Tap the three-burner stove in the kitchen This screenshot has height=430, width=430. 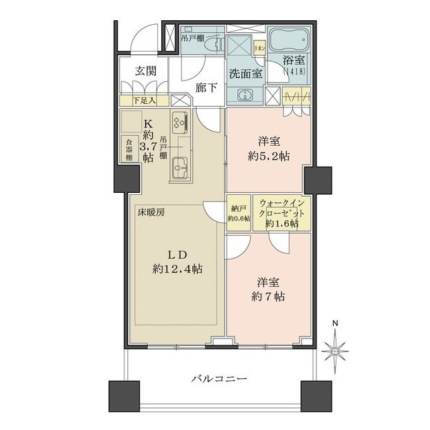click(180, 122)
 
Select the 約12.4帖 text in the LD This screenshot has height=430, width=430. click(177, 268)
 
